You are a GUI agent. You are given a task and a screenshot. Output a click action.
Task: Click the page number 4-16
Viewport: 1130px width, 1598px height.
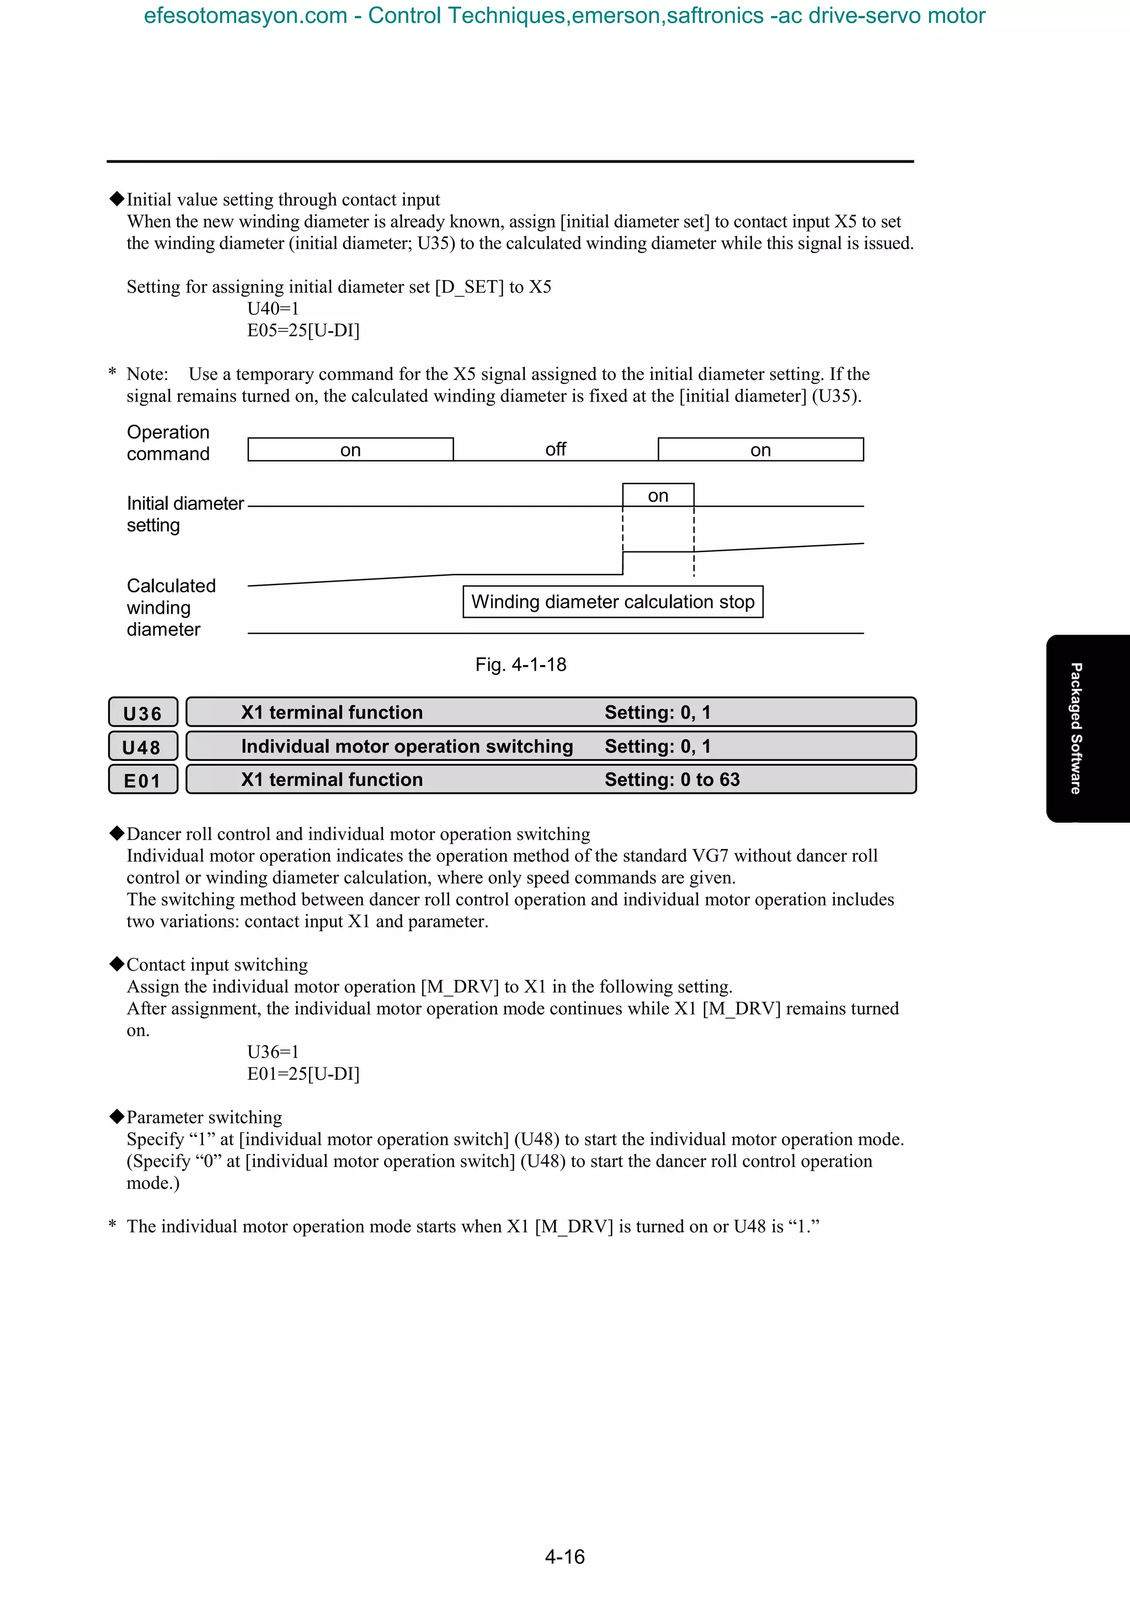pyautogui.click(x=564, y=1556)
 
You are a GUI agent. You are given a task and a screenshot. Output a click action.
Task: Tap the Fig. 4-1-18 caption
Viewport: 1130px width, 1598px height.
pyautogui.click(x=520, y=664)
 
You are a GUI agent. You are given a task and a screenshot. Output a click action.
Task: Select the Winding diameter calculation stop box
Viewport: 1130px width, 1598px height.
pyautogui.click(x=612, y=602)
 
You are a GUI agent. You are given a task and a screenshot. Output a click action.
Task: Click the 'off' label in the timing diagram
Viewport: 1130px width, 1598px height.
pyautogui.click(x=555, y=449)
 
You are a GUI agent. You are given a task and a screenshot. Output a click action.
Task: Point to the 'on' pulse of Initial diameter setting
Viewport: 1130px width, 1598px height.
pyautogui.click(x=658, y=496)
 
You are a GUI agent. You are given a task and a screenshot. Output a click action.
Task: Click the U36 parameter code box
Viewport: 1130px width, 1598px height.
pyautogui.click(x=143, y=712)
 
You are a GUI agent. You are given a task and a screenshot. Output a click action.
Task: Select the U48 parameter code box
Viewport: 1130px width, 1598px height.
pyautogui.click(x=143, y=747)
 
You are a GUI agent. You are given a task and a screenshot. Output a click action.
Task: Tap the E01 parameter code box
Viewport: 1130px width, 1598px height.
pyautogui.click(x=143, y=780)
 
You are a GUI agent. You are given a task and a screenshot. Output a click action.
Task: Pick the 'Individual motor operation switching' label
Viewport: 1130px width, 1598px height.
pyautogui.click(x=407, y=746)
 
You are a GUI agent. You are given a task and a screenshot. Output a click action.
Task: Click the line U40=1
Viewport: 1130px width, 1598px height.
pyautogui.click(x=273, y=308)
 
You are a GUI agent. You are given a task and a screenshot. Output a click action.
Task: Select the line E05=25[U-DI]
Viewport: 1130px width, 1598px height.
pyautogui.click(x=303, y=331)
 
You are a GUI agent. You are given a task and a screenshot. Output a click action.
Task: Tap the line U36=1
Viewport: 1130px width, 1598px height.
pyautogui.click(x=273, y=1052)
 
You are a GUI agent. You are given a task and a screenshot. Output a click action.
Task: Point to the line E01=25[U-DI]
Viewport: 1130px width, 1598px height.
pyautogui.click(x=303, y=1074)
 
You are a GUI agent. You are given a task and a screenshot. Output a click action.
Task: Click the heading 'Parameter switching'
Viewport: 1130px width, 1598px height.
pyautogui.click(x=204, y=1117)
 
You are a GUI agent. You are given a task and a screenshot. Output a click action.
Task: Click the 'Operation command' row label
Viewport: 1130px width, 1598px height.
pyautogui.click(x=168, y=443)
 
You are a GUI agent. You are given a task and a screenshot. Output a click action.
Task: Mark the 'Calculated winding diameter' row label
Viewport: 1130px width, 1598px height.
pyautogui.click(x=170, y=607)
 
